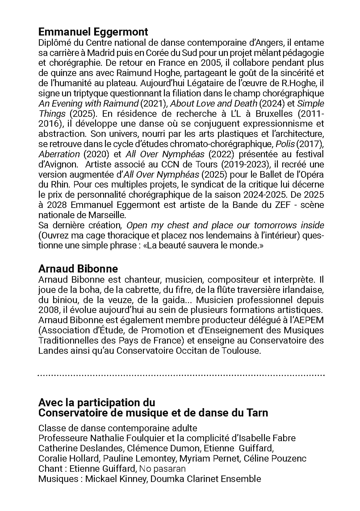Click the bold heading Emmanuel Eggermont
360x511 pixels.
[93, 32]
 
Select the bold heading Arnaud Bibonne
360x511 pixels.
[78, 269]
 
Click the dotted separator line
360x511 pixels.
[181, 375]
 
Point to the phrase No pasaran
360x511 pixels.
[162, 469]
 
